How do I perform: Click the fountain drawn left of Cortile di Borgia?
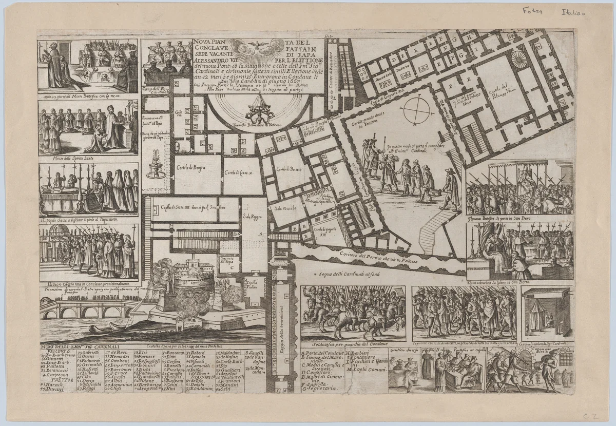156,164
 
